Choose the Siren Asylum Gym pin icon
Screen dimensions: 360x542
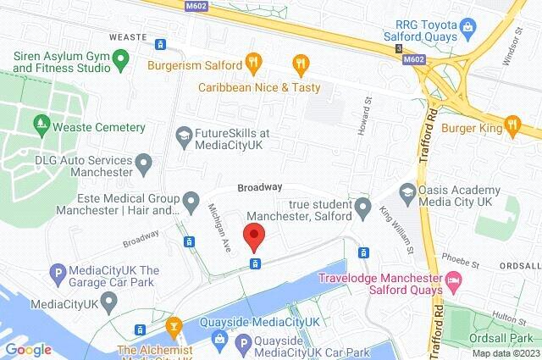(x=121, y=61)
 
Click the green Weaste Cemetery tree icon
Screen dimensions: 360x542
(x=41, y=126)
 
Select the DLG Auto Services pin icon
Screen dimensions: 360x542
(x=144, y=161)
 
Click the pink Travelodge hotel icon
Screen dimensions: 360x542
(x=455, y=280)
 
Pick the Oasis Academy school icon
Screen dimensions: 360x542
(x=407, y=191)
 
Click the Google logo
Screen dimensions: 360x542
(x=28, y=349)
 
